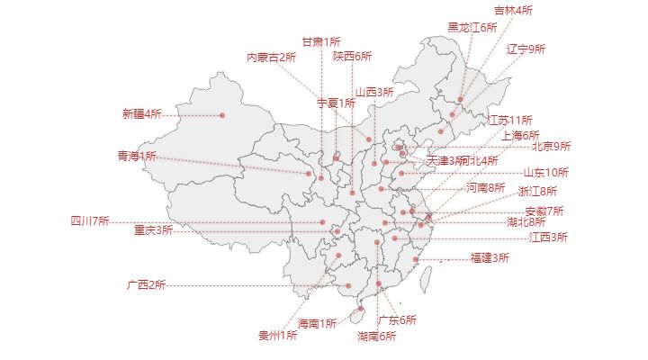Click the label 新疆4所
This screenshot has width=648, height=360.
[x=141, y=114]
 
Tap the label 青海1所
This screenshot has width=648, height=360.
[x=136, y=157]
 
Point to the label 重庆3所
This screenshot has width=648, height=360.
[x=153, y=229]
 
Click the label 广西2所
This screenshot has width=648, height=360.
[x=146, y=285]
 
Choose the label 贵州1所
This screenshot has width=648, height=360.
[x=277, y=336]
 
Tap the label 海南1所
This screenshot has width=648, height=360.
[x=317, y=323]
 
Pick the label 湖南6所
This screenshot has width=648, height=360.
[x=376, y=337]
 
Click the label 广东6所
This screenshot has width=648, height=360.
[x=397, y=320]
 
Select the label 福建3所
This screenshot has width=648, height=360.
[x=490, y=258]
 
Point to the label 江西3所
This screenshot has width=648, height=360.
[x=548, y=238]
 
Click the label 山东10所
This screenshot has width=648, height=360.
[x=546, y=172]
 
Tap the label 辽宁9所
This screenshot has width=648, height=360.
[x=526, y=49]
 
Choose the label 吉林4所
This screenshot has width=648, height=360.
[x=513, y=11]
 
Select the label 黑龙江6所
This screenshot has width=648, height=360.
[x=472, y=28]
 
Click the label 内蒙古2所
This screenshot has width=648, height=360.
[x=271, y=58]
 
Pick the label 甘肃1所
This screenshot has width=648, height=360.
[x=320, y=41]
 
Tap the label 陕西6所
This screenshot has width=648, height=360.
[x=352, y=56]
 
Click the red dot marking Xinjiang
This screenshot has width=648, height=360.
[x=222, y=115]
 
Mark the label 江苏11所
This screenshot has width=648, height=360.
[x=510, y=120]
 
